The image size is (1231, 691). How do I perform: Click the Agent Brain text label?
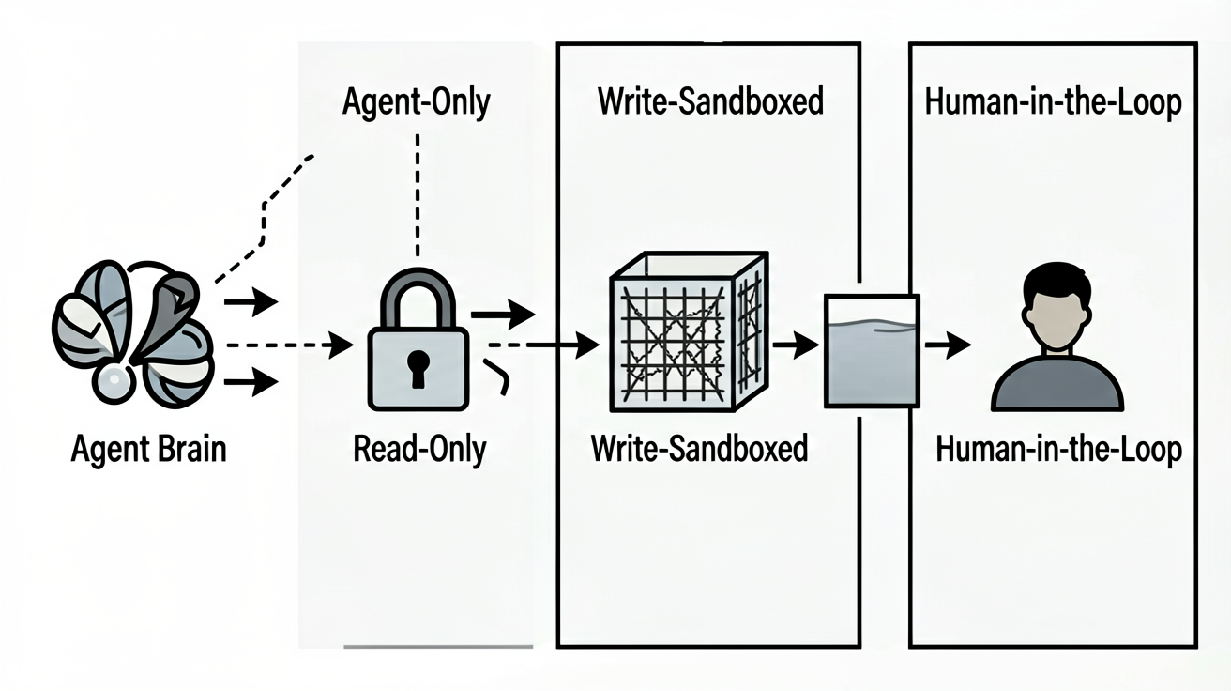coord(148,450)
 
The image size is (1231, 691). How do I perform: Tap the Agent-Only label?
coord(416,102)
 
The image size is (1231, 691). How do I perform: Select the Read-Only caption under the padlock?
coord(419,449)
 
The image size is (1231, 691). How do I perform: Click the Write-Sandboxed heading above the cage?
coord(710,101)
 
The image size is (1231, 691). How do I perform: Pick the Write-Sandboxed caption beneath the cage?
coord(699,448)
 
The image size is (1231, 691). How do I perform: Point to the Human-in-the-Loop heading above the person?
coord(1053,102)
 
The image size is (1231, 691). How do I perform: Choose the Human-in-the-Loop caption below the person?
coord(1058,450)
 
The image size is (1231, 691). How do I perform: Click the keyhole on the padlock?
coord(418,369)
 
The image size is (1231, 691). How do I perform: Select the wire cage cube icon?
coord(689,331)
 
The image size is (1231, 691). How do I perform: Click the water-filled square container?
coord(872,351)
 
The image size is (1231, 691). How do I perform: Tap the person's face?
coord(1056,319)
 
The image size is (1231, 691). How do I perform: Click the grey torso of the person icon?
coord(1057,385)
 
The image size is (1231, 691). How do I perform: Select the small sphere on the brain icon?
coord(114,379)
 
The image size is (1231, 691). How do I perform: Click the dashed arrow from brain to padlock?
coord(290,345)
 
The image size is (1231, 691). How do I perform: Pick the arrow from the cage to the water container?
coord(796,345)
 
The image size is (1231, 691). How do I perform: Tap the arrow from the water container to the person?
coord(948,345)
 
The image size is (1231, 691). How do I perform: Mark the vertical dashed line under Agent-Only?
coord(418,195)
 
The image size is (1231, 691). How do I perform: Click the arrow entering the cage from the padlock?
coord(544,345)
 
